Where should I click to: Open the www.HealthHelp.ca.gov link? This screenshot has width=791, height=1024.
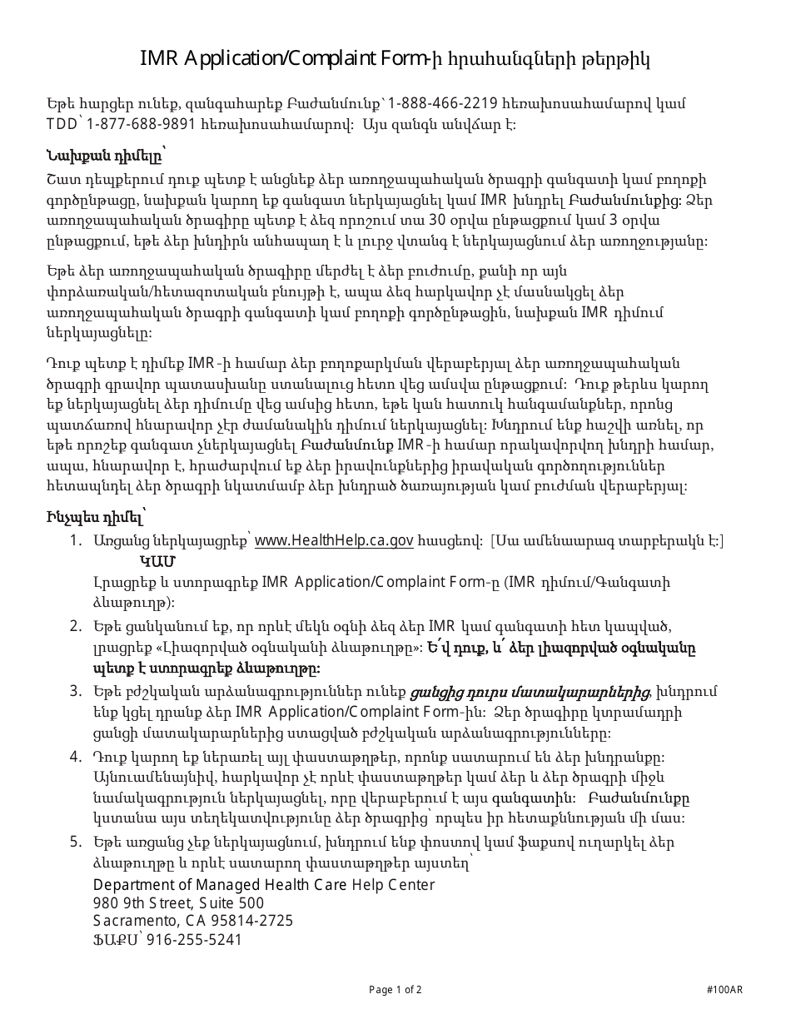pyautogui.click(x=334, y=540)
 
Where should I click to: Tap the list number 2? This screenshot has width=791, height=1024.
pyautogui.click(x=76, y=626)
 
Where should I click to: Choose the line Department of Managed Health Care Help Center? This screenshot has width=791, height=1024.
pyautogui.click(x=263, y=884)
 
